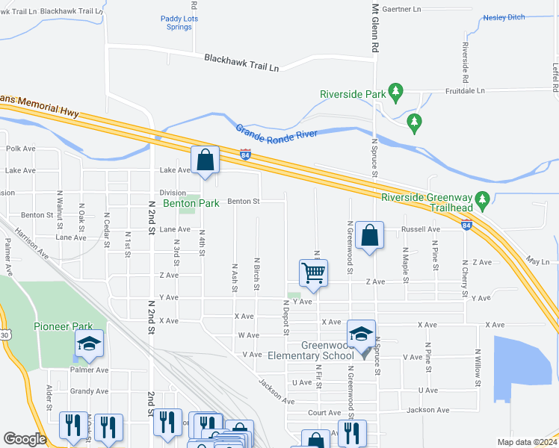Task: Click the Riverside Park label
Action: click(352, 94)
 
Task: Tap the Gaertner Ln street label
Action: click(401, 10)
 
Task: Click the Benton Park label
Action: click(191, 203)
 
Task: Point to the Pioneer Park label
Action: click(63, 326)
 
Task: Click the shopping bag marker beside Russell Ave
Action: click(369, 235)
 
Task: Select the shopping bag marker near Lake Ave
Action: click(205, 161)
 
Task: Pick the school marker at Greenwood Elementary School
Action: click(361, 333)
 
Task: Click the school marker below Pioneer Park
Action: click(89, 343)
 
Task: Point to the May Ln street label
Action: click(537, 261)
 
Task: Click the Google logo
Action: click(25, 439)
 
